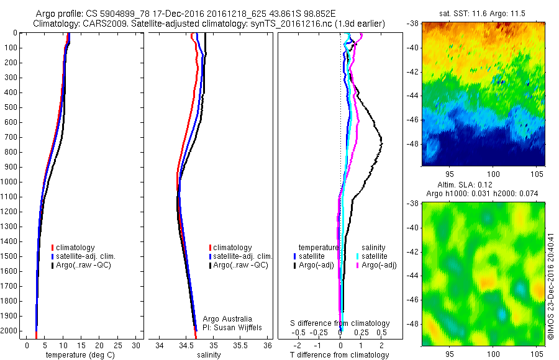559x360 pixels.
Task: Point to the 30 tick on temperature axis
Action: pos(137,344)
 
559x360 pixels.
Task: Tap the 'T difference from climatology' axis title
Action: pos(340,354)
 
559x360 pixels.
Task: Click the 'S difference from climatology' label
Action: pos(340,323)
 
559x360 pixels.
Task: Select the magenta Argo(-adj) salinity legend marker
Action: pos(358,265)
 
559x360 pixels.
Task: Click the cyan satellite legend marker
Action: pos(358,256)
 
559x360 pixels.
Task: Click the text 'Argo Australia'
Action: pos(227,319)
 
